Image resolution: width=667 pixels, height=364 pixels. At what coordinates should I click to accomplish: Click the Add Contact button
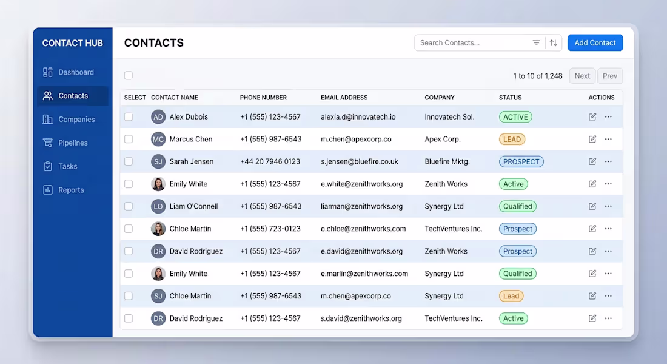(595, 43)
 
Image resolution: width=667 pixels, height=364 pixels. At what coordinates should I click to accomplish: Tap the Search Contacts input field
(472, 43)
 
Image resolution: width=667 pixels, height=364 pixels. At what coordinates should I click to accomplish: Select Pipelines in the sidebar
(73, 143)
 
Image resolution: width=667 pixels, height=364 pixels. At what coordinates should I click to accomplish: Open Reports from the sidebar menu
(70, 190)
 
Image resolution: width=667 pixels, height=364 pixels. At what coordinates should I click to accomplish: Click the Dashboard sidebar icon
(48, 72)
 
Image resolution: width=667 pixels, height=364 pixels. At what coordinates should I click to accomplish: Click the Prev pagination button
(610, 76)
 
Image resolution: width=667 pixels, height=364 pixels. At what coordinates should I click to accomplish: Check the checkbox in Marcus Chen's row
(129, 139)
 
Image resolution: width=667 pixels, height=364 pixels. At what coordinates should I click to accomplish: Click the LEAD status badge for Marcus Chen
(512, 139)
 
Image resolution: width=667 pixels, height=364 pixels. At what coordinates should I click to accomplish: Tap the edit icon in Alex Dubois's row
(592, 116)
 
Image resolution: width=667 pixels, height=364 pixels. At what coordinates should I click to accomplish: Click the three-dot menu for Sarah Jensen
(608, 161)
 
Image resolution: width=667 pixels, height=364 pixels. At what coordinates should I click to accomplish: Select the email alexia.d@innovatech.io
(358, 117)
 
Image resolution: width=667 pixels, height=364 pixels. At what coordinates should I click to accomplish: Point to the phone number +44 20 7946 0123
(270, 162)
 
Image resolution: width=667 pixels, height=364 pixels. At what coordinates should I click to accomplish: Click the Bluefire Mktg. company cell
(447, 162)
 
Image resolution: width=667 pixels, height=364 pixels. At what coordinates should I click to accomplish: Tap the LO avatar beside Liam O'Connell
(158, 206)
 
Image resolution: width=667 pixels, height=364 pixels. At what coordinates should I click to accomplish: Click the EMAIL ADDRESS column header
(344, 98)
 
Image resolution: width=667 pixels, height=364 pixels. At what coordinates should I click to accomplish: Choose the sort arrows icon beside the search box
(554, 43)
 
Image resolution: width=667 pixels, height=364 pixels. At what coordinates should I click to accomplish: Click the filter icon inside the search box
(537, 43)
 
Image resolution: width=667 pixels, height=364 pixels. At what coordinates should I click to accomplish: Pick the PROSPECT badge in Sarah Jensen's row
(521, 162)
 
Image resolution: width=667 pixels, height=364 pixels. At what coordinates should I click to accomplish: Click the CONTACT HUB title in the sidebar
(72, 43)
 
